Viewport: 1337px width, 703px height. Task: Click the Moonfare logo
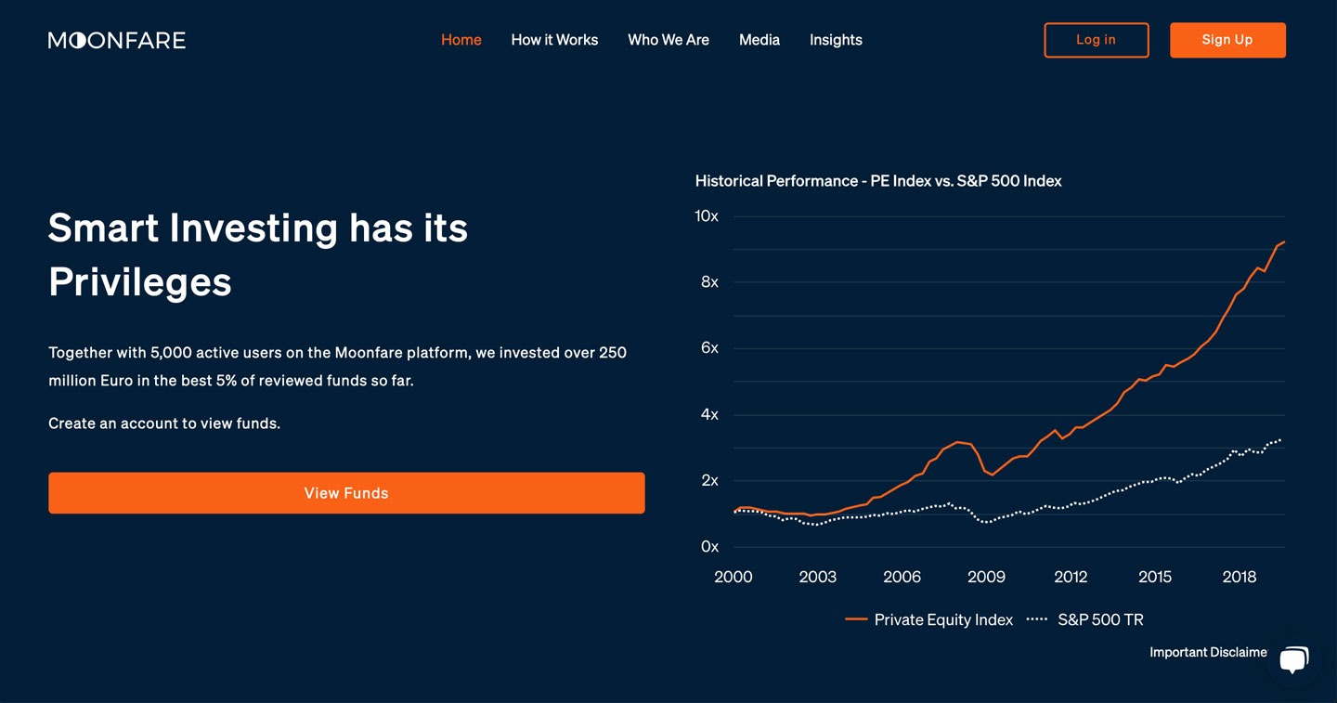click(x=117, y=40)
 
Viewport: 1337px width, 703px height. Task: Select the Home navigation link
click(x=461, y=40)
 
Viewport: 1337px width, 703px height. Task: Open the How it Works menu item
click(x=554, y=40)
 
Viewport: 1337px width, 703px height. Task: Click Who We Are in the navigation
click(x=668, y=40)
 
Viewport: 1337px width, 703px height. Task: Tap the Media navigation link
click(x=759, y=40)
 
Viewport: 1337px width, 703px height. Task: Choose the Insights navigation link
click(x=836, y=40)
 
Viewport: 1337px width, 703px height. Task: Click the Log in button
click(x=1097, y=40)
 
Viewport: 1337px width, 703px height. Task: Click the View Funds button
click(x=347, y=493)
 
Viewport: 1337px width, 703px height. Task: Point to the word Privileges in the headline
click(x=139, y=281)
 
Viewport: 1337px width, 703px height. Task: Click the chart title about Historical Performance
click(x=878, y=181)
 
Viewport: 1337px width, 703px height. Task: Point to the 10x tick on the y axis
click(x=707, y=216)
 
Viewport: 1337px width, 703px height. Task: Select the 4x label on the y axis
click(x=709, y=414)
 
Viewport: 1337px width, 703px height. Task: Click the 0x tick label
click(x=709, y=547)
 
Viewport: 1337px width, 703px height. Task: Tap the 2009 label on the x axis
click(x=986, y=577)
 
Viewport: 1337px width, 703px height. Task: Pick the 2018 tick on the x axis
click(x=1240, y=577)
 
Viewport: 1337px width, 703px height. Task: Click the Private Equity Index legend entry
click(x=929, y=620)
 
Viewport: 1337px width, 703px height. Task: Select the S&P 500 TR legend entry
click(x=1085, y=620)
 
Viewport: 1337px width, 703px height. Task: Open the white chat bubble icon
click(x=1294, y=659)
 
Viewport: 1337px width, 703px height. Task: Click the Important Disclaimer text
click(x=1208, y=652)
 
